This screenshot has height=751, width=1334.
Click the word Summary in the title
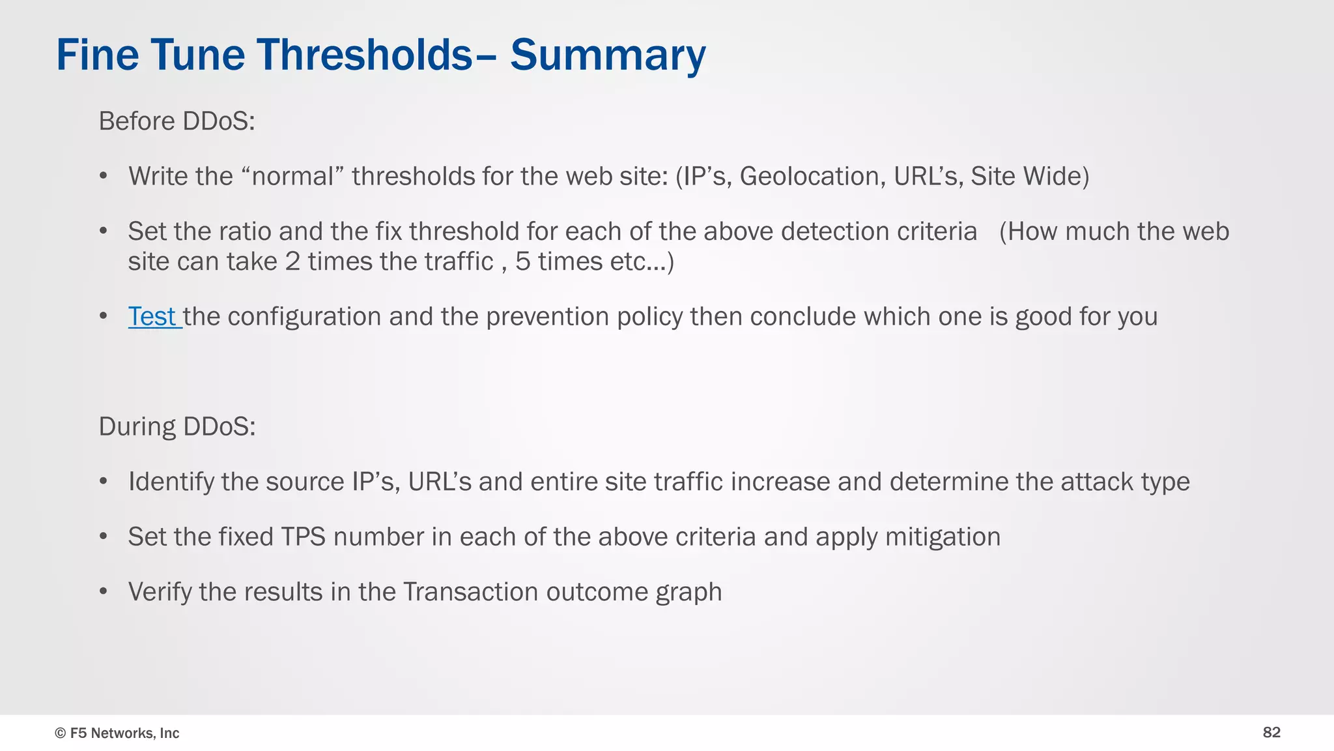click(607, 55)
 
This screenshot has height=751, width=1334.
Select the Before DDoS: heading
click(177, 121)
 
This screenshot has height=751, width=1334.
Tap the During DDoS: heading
click(177, 426)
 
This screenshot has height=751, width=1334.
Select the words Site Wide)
click(1029, 177)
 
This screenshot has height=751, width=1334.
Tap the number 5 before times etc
click(522, 262)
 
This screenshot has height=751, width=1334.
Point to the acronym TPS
click(303, 537)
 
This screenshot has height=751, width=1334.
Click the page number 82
click(1271, 733)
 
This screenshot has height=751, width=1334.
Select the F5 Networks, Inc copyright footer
click(117, 733)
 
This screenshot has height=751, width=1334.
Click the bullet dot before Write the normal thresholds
click(104, 177)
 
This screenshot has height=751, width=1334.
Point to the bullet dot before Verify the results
click(104, 592)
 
